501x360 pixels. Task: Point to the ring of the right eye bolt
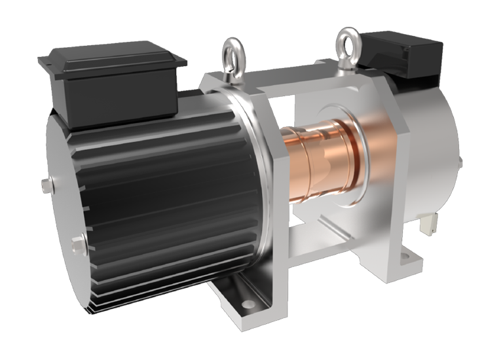[x=345, y=44]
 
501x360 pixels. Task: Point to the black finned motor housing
[x=177, y=196]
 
